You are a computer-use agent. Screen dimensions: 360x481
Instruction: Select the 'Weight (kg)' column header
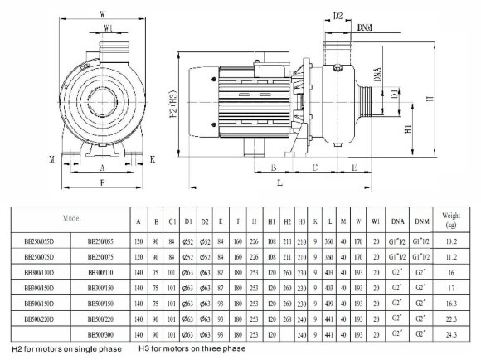click(450, 221)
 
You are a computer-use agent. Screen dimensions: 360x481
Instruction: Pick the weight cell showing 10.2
click(450, 241)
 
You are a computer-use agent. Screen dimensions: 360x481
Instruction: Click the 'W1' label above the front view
click(108, 28)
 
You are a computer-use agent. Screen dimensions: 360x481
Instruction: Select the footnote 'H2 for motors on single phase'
click(66, 350)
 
